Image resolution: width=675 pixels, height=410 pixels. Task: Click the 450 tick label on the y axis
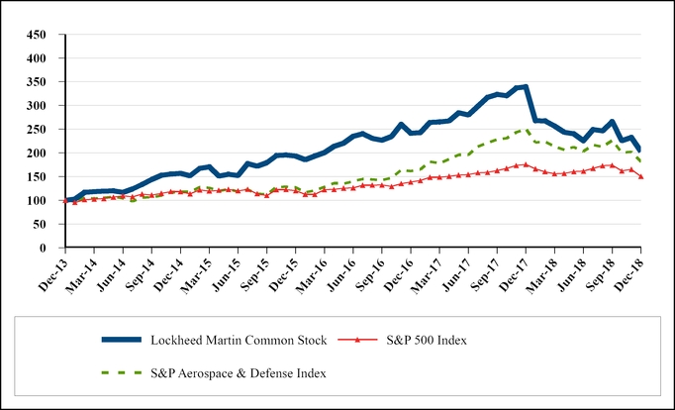pyautogui.click(x=38, y=35)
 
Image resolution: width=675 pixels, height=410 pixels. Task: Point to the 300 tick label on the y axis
pyautogui.click(x=38, y=106)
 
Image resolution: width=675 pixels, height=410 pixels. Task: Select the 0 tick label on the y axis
pyautogui.click(x=46, y=249)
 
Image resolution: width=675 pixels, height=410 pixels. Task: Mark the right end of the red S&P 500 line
pyautogui.click(x=640, y=177)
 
